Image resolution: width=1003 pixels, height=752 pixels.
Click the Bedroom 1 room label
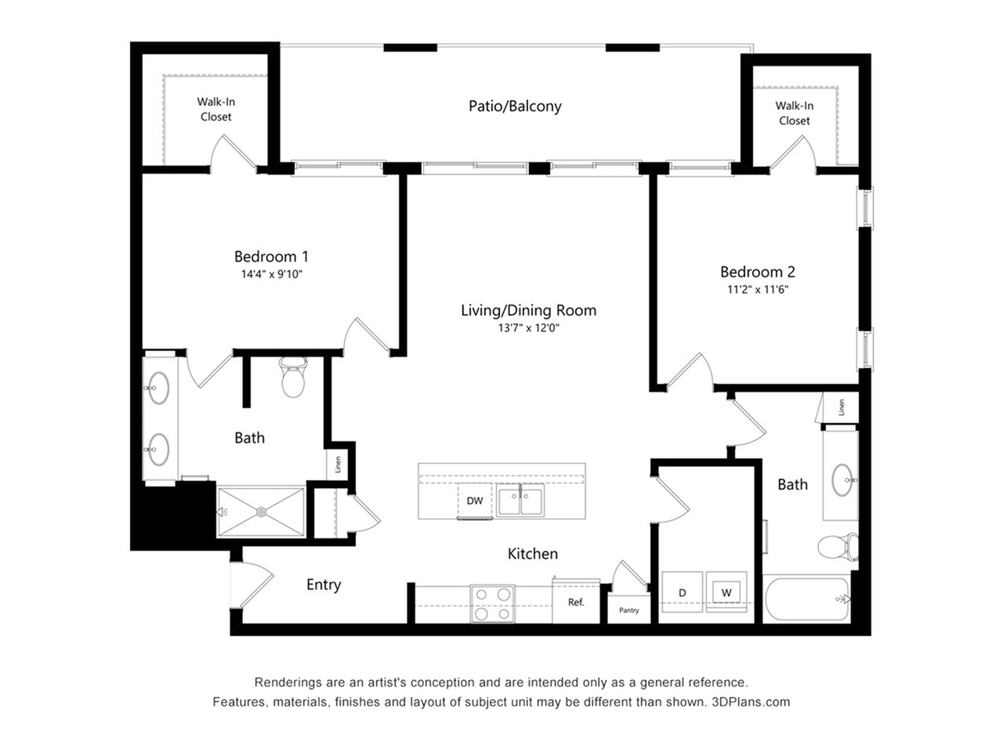click(x=271, y=256)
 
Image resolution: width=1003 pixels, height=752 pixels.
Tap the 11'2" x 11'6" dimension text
click(x=757, y=289)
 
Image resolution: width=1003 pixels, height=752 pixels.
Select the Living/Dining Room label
click(x=528, y=310)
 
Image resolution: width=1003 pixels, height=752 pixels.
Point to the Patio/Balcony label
click(x=515, y=106)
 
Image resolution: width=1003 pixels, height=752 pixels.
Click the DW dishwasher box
click(x=475, y=501)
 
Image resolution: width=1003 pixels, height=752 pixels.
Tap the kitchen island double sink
click(x=521, y=501)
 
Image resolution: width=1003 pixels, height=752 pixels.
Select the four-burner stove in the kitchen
click(x=493, y=603)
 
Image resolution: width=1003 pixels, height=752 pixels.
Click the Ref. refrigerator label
click(x=576, y=602)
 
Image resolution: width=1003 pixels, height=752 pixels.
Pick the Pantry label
click(x=629, y=610)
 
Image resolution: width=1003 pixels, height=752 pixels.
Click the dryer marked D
click(x=683, y=593)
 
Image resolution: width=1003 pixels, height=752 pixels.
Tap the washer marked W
click(x=726, y=592)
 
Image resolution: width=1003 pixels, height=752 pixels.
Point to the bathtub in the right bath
click(x=806, y=600)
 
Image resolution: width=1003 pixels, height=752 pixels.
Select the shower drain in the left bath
click(x=261, y=512)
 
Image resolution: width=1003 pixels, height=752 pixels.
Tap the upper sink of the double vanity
click(x=158, y=387)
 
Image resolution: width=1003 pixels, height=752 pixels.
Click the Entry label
click(x=324, y=584)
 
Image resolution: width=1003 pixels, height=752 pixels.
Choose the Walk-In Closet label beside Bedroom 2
click(x=795, y=113)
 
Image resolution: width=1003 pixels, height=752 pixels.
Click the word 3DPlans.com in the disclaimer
click(x=751, y=702)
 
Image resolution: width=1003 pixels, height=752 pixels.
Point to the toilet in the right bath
click(x=837, y=546)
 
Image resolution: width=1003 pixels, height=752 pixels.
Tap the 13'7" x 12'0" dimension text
click(x=528, y=328)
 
